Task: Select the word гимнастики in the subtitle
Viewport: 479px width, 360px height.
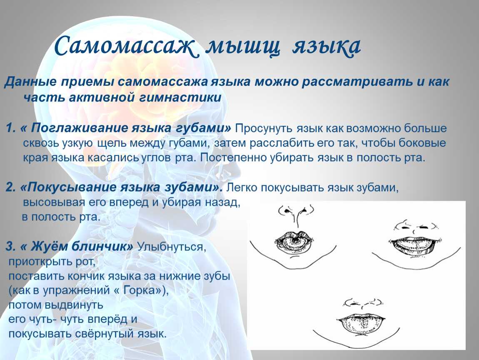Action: click(180, 98)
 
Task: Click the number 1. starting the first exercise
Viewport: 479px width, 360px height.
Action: click(11, 128)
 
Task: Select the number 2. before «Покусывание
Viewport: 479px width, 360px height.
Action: click(11, 187)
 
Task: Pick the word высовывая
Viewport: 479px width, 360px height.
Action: click(54, 202)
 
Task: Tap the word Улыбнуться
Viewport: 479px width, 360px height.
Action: click(171, 247)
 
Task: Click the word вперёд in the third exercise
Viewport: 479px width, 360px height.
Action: click(108, 319)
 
